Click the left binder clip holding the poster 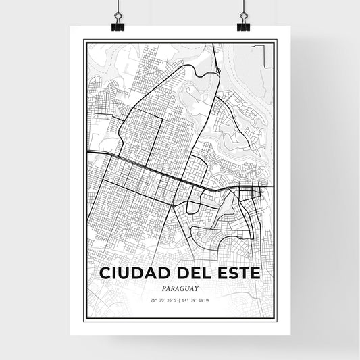[117, 24]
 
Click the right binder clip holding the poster [243, 24]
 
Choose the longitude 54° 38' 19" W [197, 299]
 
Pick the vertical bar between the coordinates [180, 299]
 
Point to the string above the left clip [117, 7]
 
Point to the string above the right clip [243, 7]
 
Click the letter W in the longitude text [208, 299]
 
